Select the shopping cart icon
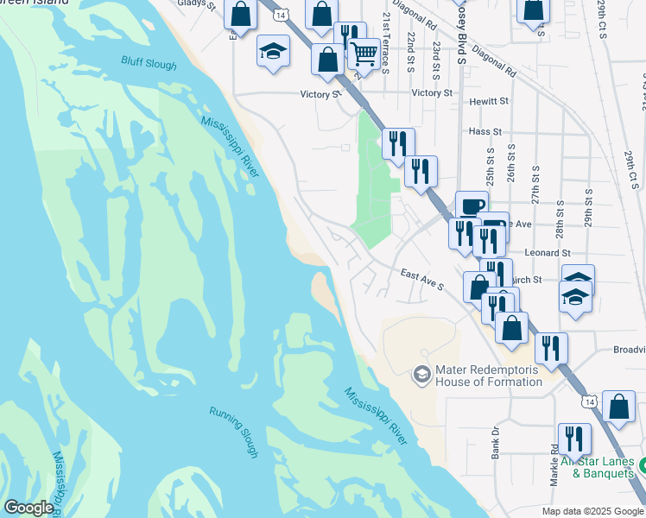point(364,54)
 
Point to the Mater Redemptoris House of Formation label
point(488,375)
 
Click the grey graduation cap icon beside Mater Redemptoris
point(421,374)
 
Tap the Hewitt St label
point(489,102)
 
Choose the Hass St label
point(485,132)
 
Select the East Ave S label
point(422,278)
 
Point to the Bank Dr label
point(496,442)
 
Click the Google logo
point(28,508)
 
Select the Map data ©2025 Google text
point(591,510)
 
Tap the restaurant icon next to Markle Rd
point(573,439)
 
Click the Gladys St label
point(194,4)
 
